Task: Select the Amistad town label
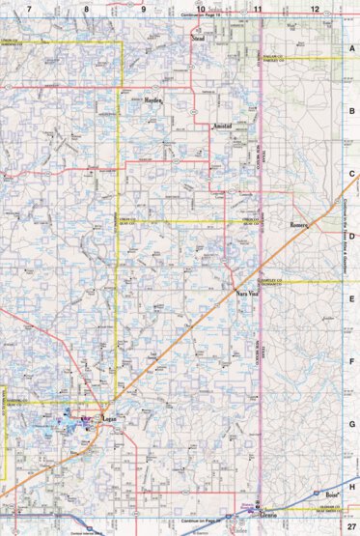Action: [222, 127]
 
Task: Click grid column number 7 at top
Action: [30, 8]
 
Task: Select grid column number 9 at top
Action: [144, 8]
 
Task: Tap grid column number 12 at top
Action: [315, 8]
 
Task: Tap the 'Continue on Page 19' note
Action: [201, 17]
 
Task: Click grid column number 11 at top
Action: [258, 8]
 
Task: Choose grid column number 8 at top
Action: [87, 8]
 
